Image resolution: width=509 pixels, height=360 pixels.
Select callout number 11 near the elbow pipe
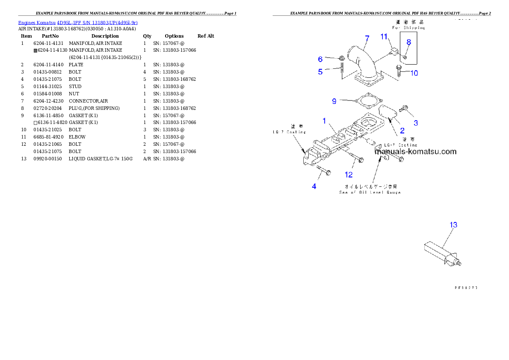[x=384, y=37]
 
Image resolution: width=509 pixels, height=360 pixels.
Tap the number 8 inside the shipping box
[x=408, y=42]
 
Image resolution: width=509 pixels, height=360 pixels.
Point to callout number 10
[x=414, y=73]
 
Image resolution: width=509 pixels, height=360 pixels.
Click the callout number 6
[x=320, y=59]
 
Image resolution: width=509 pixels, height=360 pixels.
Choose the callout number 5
[x=320, y=72]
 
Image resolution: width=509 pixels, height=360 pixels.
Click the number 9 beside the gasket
[x=334, y=101]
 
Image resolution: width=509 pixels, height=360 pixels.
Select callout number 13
[x=453, y=224]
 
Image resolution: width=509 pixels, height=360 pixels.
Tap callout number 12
[x=349, y=174]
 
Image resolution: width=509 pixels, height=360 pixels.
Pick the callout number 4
[x=314, y=186]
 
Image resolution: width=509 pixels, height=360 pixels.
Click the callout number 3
[x=415, y=123]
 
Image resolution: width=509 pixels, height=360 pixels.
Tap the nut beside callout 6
[x=342, y=58]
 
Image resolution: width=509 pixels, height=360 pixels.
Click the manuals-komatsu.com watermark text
[x=415, y=151]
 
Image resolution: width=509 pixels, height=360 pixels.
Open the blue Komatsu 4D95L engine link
[x=77, y=22]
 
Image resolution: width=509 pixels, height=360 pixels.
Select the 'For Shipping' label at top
[x=408, y=27]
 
